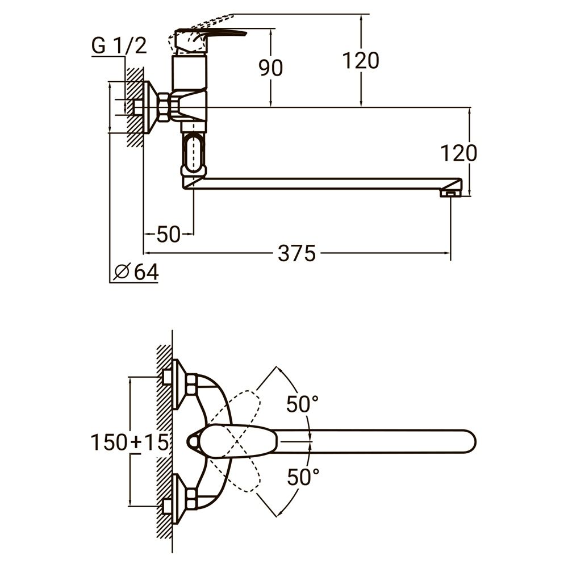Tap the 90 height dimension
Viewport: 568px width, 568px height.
[271, 68]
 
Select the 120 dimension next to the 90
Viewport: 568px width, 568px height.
[360, 60]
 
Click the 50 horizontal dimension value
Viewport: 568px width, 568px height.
[168, 234]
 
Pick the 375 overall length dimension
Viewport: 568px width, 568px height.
[296, 254]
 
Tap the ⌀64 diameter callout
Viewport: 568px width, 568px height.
[136, 272]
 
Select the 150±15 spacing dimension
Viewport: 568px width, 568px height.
[130, 442]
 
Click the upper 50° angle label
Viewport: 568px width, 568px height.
[302, 405]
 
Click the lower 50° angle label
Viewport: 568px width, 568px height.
[302, 478]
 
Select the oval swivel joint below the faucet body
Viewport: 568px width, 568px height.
[193, 152]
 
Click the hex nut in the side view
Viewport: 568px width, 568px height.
[164, 107]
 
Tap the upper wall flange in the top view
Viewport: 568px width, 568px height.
[179, 383]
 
